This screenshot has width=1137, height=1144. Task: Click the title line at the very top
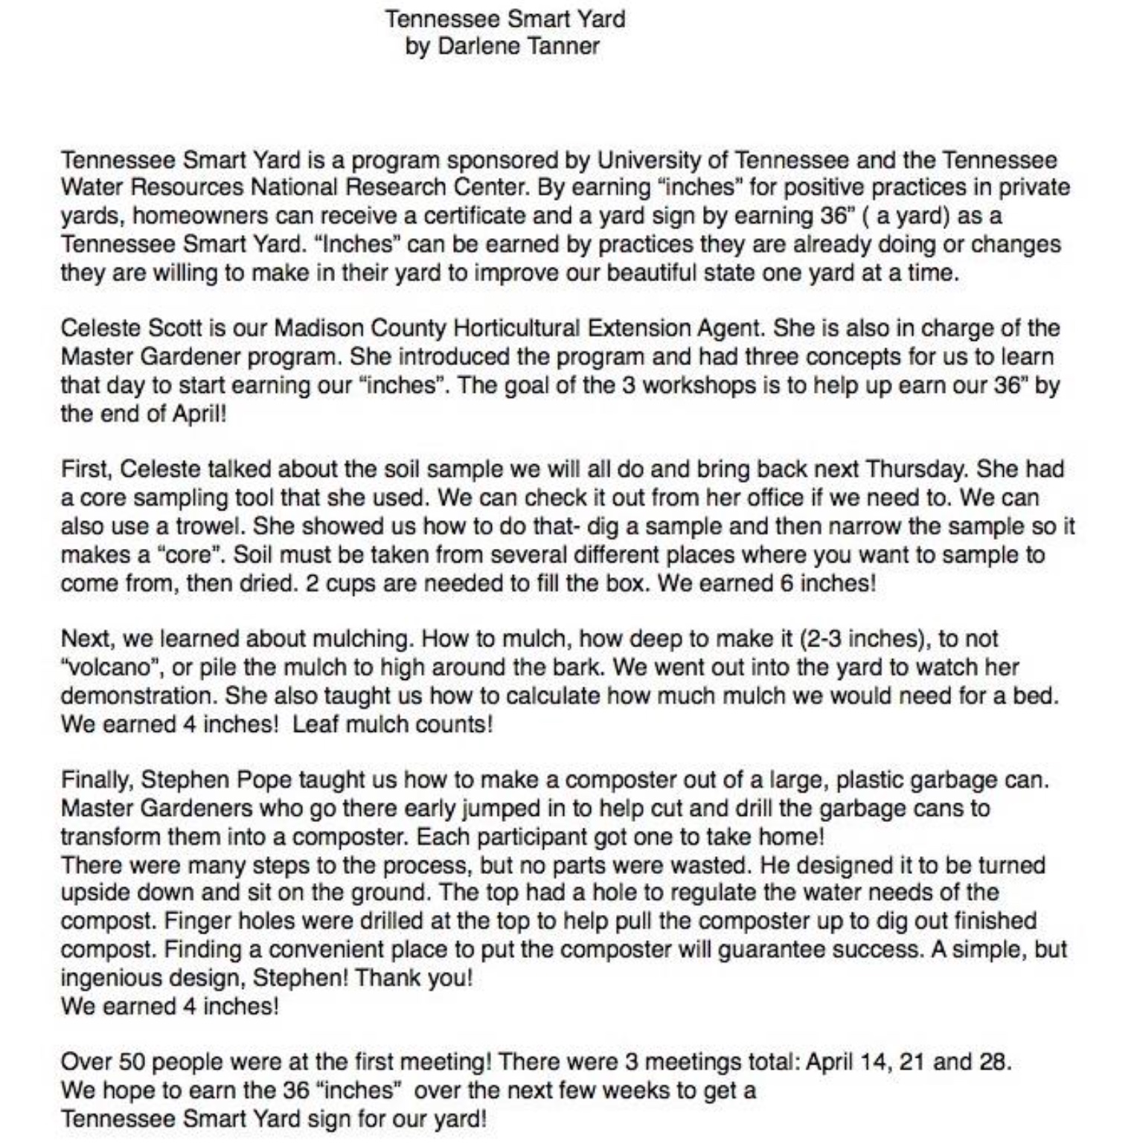[505, 18]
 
